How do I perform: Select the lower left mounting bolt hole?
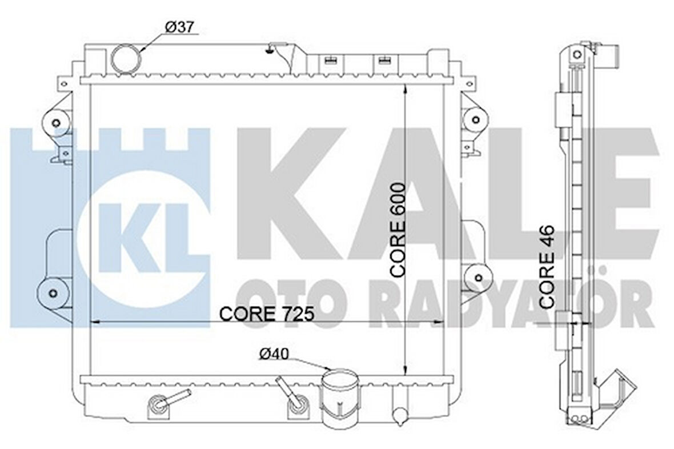coord(53,294)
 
